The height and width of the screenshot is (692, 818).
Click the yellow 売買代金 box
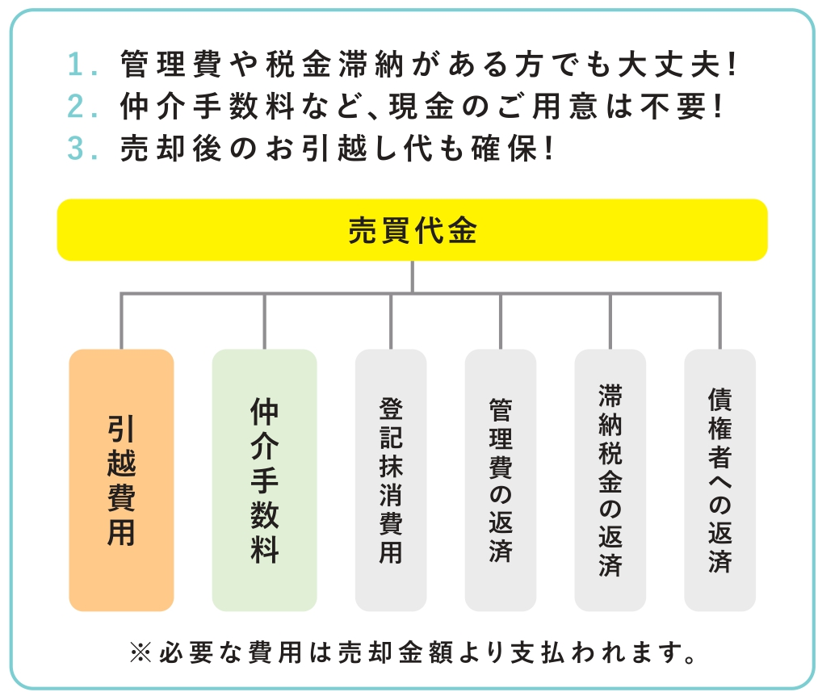412,229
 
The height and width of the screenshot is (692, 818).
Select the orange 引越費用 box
121,480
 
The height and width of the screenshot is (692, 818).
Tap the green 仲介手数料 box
265,480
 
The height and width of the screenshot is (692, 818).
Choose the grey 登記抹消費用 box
391,480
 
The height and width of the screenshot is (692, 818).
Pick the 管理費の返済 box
501,480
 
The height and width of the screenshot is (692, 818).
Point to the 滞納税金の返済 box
610,480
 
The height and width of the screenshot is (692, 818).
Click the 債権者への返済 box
720,480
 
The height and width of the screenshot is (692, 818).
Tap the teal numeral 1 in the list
76,65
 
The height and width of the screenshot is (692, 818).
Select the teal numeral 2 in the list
76,107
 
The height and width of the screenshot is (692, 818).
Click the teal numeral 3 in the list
76,148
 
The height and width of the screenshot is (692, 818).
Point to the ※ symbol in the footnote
141,652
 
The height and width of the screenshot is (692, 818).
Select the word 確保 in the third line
504,148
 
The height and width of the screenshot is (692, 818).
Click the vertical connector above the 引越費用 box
121,321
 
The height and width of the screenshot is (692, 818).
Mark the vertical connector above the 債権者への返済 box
720,321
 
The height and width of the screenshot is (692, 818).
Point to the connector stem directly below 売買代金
412,276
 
